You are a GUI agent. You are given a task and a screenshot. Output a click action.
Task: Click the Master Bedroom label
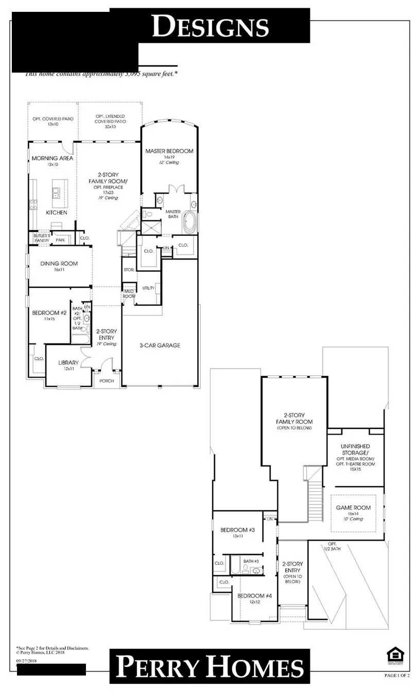pos(169,151)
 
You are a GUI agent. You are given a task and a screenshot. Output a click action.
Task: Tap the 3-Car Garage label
pos(160,345)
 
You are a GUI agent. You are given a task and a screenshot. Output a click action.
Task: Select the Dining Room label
pos(59,264)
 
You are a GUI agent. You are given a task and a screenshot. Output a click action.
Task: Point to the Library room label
pos(68,362)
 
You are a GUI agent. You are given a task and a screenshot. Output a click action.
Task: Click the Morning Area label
pos(52,158)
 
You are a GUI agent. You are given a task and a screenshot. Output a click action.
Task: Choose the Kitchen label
pos(57,212)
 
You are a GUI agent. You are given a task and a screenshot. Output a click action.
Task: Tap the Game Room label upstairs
pos(353,508)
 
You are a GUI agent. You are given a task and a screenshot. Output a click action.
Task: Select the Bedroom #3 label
pos(234,530)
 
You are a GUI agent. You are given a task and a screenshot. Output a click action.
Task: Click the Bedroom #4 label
pos(252,596)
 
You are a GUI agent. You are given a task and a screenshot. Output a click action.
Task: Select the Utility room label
pos(148,288)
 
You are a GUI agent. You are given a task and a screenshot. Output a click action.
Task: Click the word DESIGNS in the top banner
pos(211,26)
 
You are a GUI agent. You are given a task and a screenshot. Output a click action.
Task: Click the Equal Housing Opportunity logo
pos(394,654)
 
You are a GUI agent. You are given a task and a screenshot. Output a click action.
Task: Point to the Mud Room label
pos(128,293)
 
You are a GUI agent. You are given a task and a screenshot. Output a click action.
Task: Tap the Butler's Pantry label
pos(41,237)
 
